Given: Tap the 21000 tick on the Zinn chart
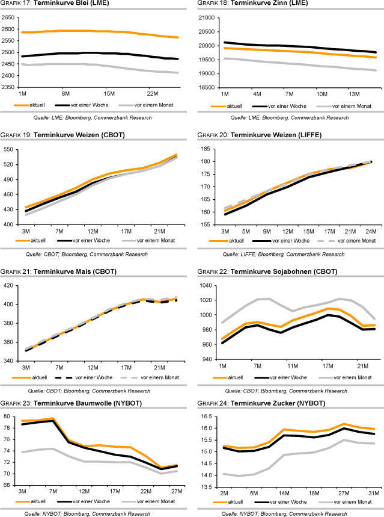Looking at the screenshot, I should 206,18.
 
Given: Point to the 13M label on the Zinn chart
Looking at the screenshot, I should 353,94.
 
